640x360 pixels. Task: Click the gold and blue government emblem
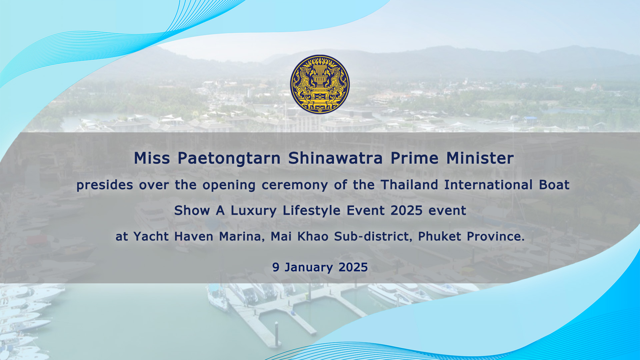(x=320, y=84)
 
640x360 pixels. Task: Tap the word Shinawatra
(x=335, y=158)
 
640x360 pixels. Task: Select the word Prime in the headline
(x=414, y=158)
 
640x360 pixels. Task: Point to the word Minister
(x=480, y=158)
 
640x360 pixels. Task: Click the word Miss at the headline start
(x=152, y=158)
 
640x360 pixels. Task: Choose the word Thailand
(x=409, y=185)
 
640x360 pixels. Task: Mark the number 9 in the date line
(x=276, y=267)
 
